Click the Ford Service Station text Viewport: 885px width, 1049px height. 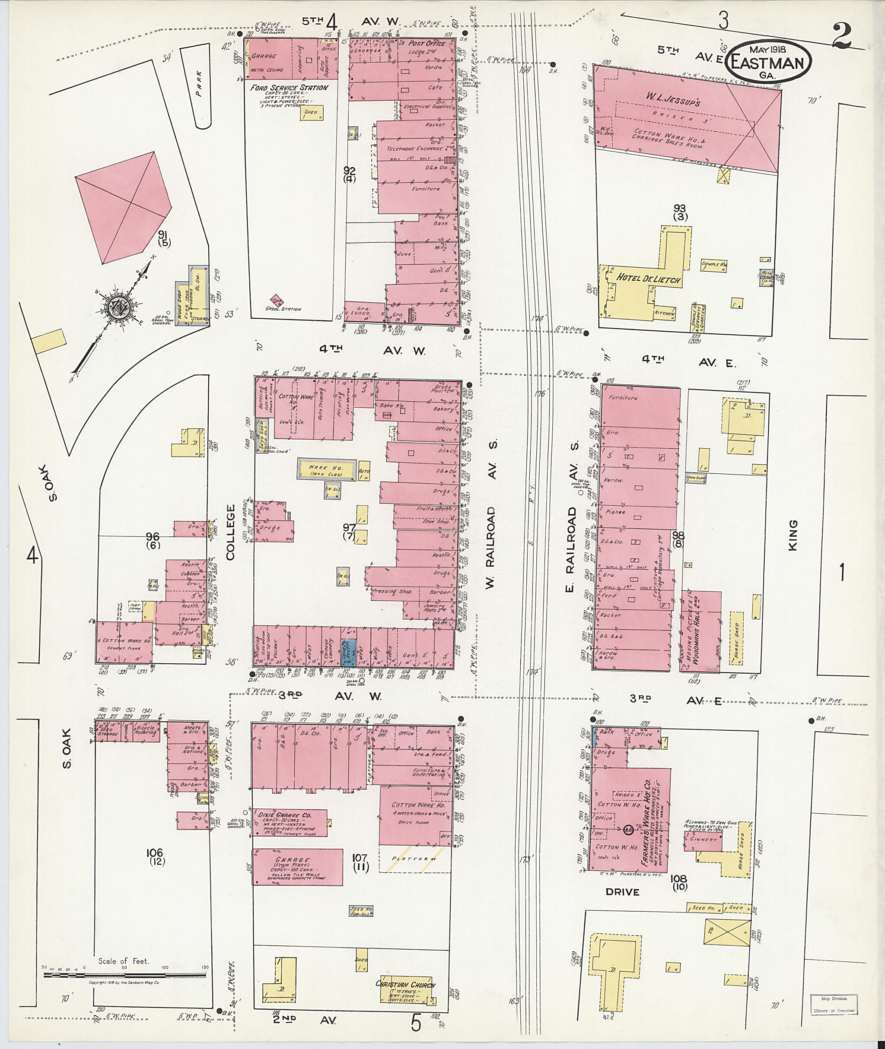(290, 88)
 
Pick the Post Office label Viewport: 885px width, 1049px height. (427, 44)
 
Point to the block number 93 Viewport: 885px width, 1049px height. (680, 208)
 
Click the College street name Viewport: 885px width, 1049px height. (230, 532)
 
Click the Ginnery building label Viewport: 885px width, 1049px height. (704, 839)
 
